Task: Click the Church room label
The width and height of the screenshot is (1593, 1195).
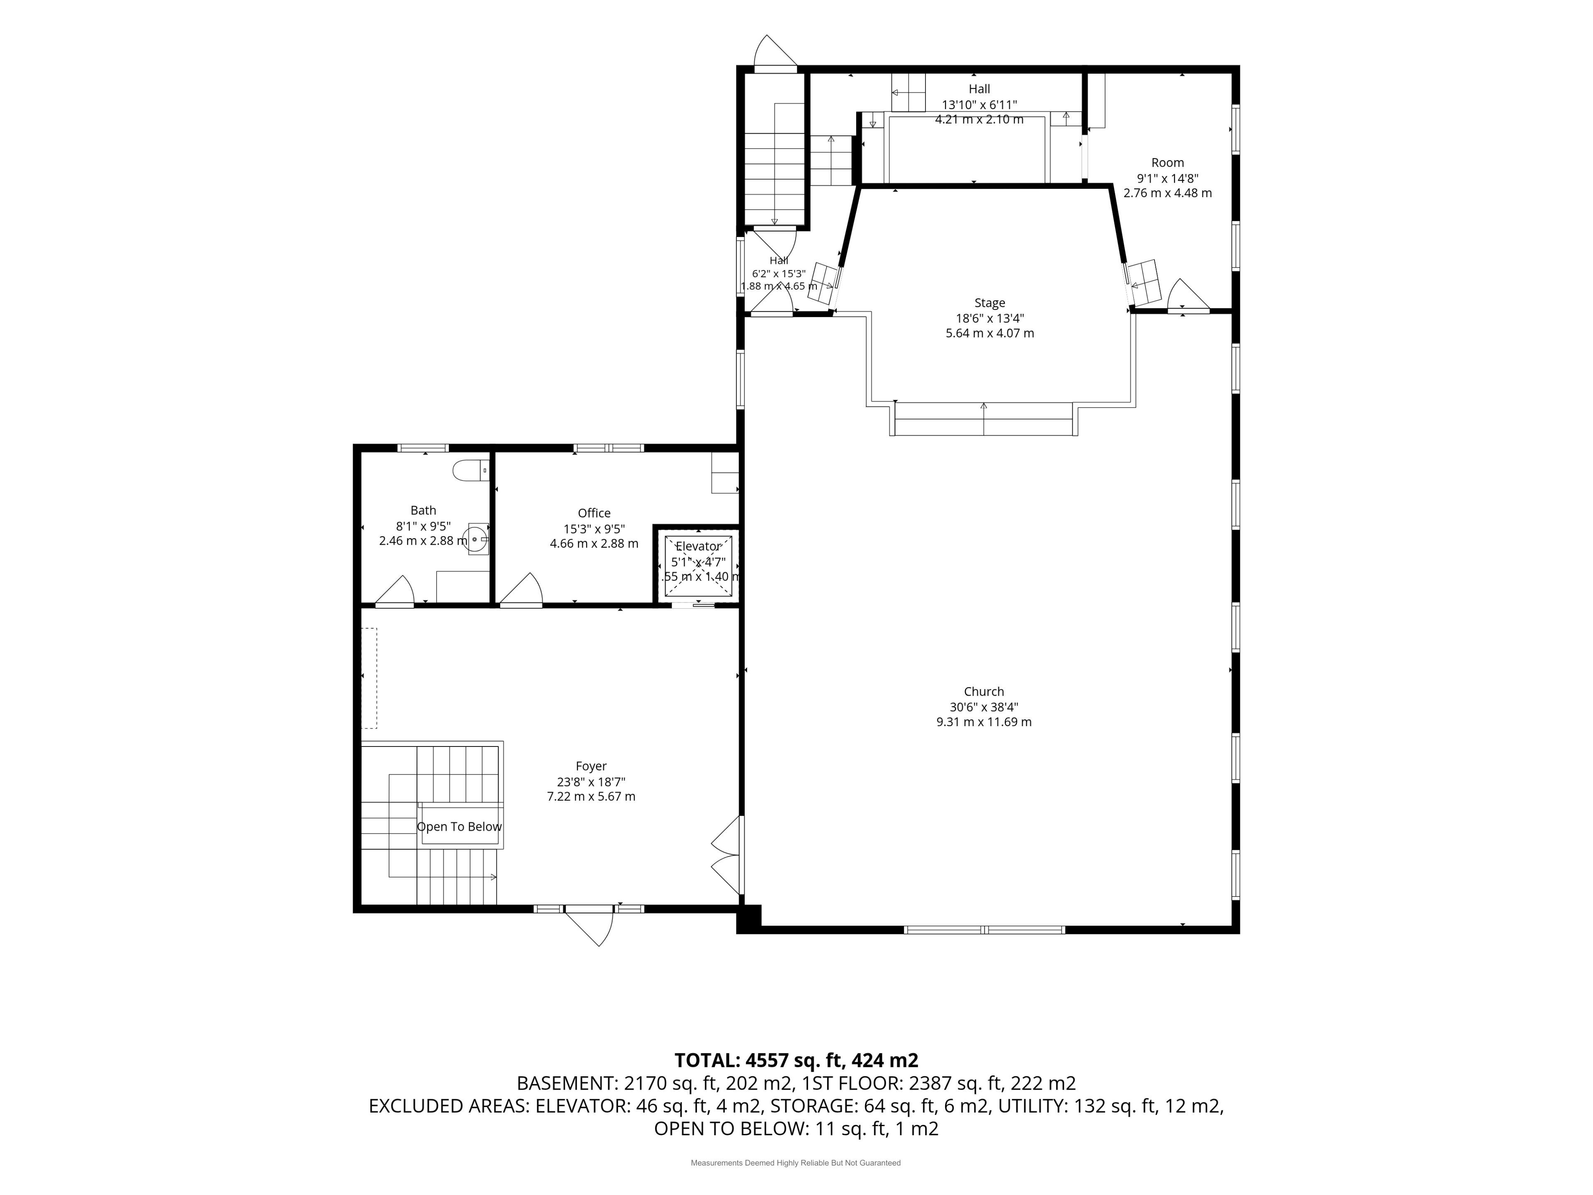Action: point(984,692)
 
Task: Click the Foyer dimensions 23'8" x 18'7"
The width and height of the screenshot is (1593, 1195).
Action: point(591,782)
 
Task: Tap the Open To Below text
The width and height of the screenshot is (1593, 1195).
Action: point(460,827)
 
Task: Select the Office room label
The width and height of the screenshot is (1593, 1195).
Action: point(594,513)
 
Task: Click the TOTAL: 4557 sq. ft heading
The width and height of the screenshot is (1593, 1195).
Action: point(796,1060)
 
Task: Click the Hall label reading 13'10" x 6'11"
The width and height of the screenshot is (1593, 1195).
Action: point(979,105)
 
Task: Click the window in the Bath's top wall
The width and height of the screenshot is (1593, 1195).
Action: point(424,448)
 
